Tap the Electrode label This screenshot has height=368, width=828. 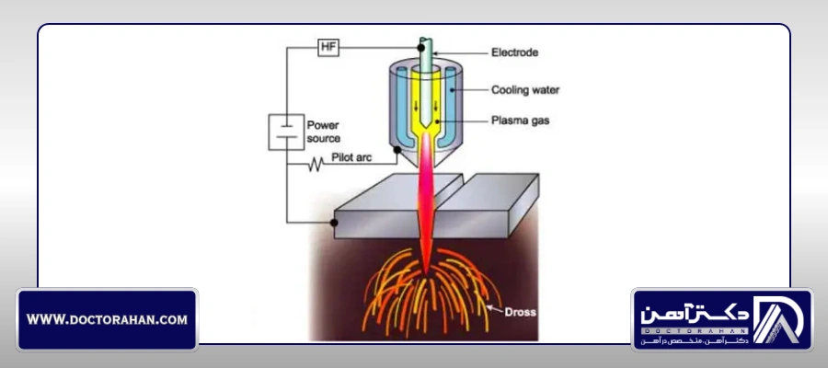point(514,52)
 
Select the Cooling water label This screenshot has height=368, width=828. point(525,90)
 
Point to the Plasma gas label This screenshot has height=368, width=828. point(520,121)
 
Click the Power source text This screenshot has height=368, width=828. point(323,132)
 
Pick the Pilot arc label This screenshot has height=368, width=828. point(351,156)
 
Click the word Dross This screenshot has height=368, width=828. point(520,312)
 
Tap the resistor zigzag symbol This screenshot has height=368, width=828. point(316,164)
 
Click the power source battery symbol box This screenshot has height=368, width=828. point(286,132)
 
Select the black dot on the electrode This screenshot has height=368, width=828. point(420,48)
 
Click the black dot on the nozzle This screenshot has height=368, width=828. point(397,150)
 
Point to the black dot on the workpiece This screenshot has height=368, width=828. point(334,223)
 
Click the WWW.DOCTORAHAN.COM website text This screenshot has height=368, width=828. point(107,319)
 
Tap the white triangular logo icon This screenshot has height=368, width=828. point(777,319)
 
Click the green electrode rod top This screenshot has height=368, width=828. point(426,42)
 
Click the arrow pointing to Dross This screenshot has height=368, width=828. point(495,308)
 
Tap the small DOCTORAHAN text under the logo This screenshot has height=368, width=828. point(695,331)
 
